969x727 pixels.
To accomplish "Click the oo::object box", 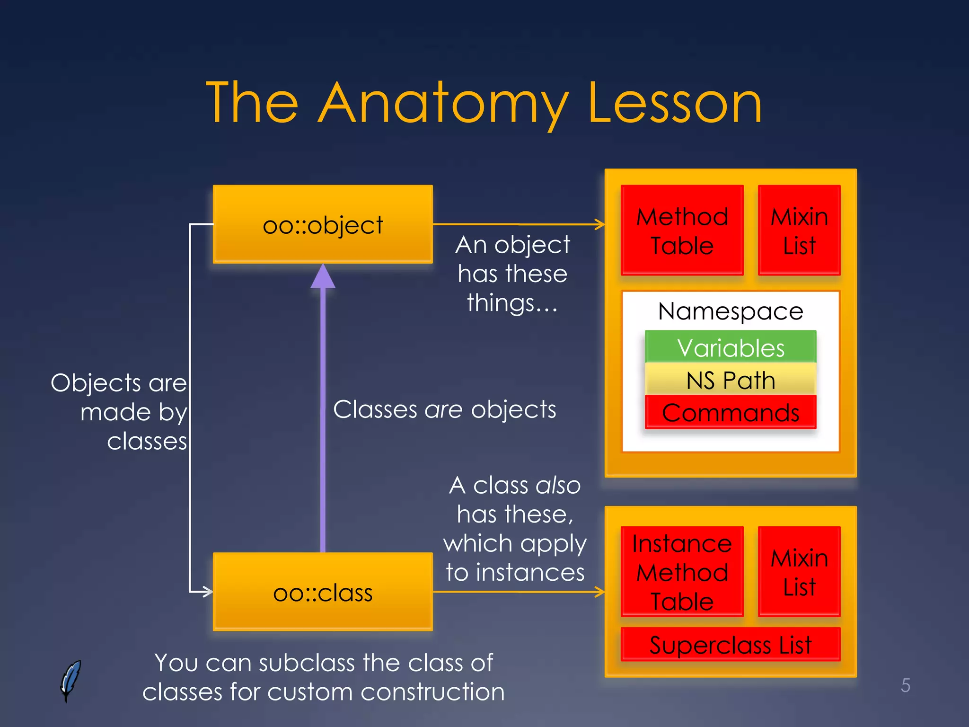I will tap(323, 224).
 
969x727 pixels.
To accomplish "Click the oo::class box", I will tap(323, 592).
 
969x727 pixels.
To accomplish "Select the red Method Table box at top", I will tap(682, 231).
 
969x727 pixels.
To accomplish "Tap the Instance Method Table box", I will tap(682, 572).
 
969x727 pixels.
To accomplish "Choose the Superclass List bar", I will tap(730, 644).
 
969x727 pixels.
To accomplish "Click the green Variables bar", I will tap(730, 347).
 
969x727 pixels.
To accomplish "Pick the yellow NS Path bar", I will tap(730, 380).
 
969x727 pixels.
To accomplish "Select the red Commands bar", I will tap(730, 412).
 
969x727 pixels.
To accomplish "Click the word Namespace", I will tap(730, 311).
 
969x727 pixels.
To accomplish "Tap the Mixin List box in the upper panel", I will tap(799, 231).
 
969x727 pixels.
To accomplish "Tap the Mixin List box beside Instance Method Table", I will tap(799, 572).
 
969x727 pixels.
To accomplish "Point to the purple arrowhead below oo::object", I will tap(323, 277).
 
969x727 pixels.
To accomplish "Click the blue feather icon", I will tap(70, 681).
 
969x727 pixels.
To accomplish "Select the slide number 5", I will tap(905, 685).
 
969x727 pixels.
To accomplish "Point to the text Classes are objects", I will tap(444, 409).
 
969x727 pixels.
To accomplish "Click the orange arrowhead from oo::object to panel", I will tap(600, 224).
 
